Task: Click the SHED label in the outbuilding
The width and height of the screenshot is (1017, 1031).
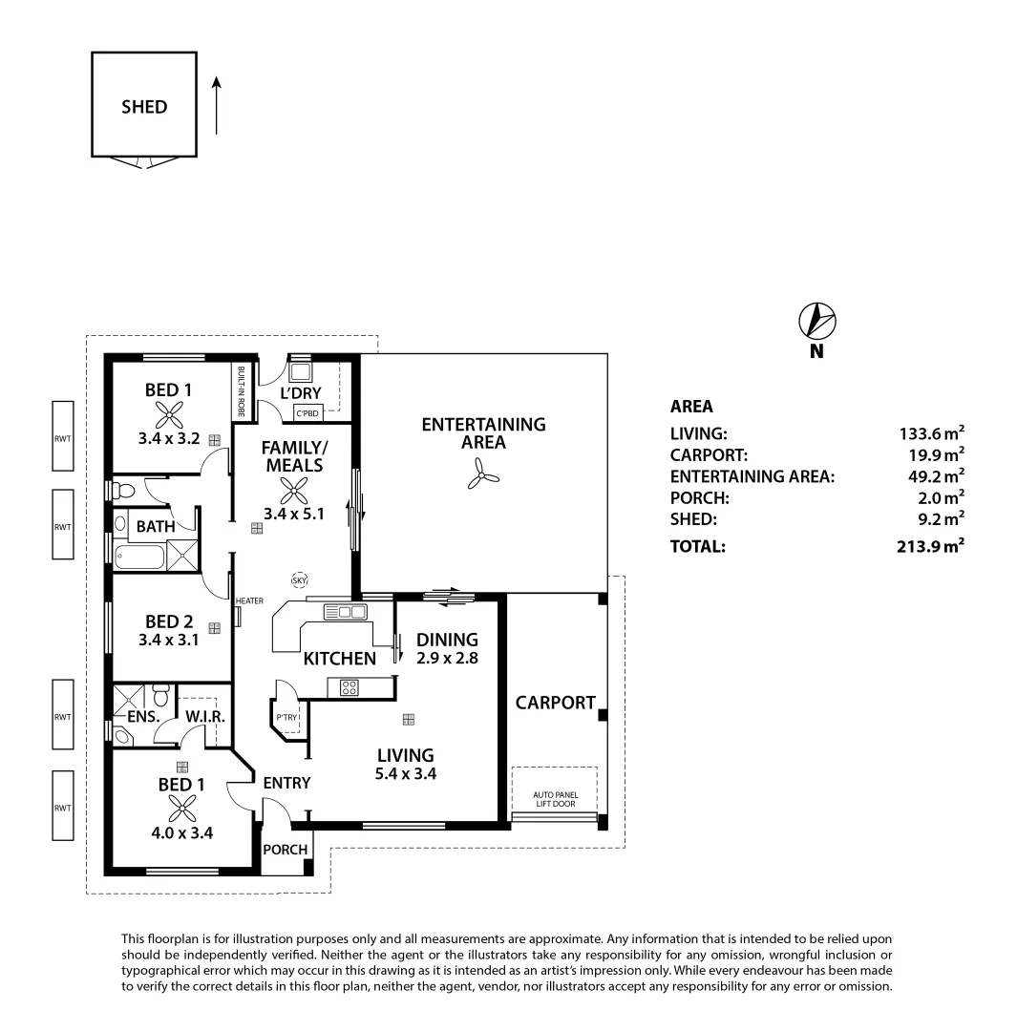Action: point(144,107)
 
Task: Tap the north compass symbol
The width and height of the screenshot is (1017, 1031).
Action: point(816,321)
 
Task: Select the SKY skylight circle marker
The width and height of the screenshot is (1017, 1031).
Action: point(300,579)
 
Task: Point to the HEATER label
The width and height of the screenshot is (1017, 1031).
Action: point(249,600)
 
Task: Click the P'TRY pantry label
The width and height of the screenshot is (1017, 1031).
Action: point(285,717)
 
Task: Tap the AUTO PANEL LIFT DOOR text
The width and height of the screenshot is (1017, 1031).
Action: point(556,799)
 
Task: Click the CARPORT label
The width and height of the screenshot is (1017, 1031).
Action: point(555,703)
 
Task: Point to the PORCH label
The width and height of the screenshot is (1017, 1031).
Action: point(285,850)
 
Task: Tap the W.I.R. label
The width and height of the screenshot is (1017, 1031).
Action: point(204,715)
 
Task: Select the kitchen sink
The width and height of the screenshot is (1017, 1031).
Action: point(346,611)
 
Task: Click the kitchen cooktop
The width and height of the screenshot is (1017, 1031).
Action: point(348,684)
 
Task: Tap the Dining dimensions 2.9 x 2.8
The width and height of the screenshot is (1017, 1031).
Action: point(447,658)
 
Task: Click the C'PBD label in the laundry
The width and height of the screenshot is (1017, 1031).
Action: point(307,413)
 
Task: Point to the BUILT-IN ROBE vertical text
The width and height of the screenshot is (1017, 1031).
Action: point(242,391)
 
